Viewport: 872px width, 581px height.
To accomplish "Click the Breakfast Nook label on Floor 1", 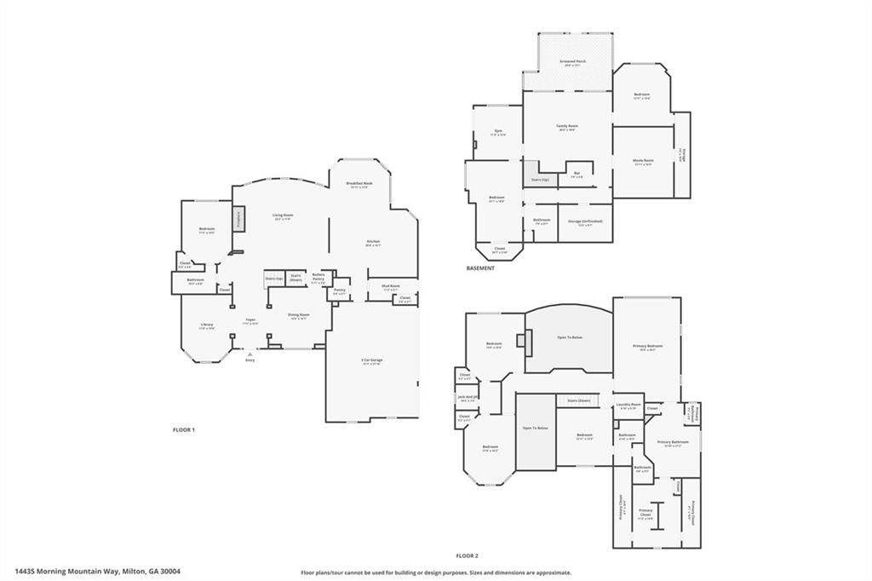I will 358,184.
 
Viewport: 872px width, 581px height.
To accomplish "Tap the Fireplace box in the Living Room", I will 238,219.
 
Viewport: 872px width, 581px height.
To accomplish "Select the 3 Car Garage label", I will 371,360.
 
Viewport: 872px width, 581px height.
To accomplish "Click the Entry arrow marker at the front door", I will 250,354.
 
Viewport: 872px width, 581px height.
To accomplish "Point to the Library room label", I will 207,325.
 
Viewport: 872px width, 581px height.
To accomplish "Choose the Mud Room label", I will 391,287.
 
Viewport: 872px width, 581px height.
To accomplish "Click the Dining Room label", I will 298,315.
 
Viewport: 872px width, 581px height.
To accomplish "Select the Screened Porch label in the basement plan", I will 572,61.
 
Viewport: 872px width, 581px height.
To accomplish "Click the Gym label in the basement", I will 498,131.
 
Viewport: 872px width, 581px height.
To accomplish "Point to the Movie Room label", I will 643,160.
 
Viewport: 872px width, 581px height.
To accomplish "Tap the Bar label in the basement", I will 577,173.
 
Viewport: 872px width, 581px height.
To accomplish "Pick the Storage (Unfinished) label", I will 584,221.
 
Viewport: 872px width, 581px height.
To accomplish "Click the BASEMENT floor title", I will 480,268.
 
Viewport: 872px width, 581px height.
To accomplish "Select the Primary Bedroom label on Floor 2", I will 647,346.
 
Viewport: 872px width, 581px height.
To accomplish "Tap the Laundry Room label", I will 628,405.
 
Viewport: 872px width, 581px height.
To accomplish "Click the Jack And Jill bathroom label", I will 468,397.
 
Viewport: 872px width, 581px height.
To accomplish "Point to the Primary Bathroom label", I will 673,442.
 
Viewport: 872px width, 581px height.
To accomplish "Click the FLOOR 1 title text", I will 184,430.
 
